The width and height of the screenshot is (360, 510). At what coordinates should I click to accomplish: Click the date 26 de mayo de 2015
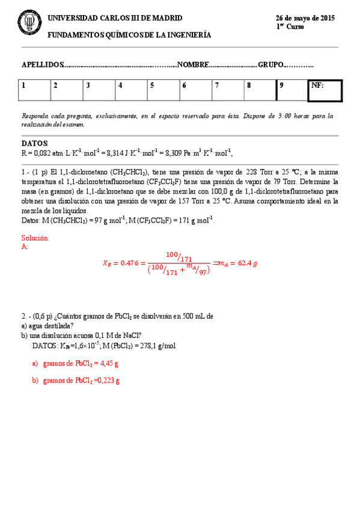coord(305,19)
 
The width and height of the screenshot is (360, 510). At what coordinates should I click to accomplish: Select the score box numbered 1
coord(34,90)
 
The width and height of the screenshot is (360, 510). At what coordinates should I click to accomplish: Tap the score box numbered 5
coord(163,90)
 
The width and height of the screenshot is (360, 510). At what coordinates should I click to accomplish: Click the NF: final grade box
coord(325,90)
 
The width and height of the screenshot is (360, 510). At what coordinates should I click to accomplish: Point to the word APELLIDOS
coord(42,64)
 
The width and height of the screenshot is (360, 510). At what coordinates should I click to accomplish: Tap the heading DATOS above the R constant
coord(34,144)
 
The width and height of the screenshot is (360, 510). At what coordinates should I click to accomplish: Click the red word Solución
coord(35,238)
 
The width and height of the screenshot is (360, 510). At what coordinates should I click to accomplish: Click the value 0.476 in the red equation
coord(129,263)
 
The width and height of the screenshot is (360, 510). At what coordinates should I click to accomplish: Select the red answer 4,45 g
coord(108,363)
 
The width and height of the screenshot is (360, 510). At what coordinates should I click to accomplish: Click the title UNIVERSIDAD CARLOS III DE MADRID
coord(115,19)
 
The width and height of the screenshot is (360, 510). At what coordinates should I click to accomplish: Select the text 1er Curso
coord(290,27)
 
